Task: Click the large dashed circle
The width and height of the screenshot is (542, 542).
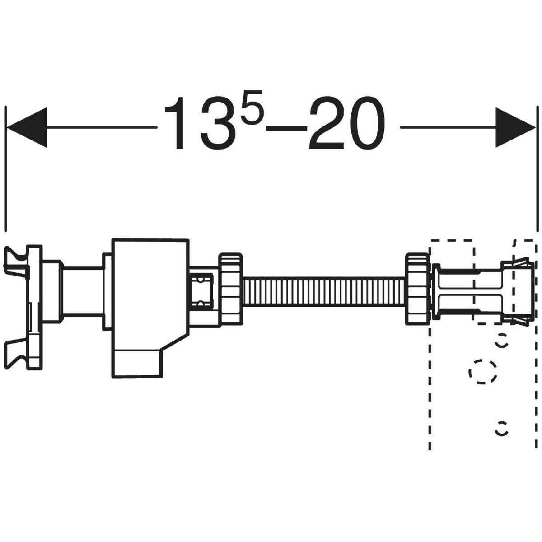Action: (x=483, y=372)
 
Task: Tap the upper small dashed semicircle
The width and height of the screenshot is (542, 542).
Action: (x=500, y=342)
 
